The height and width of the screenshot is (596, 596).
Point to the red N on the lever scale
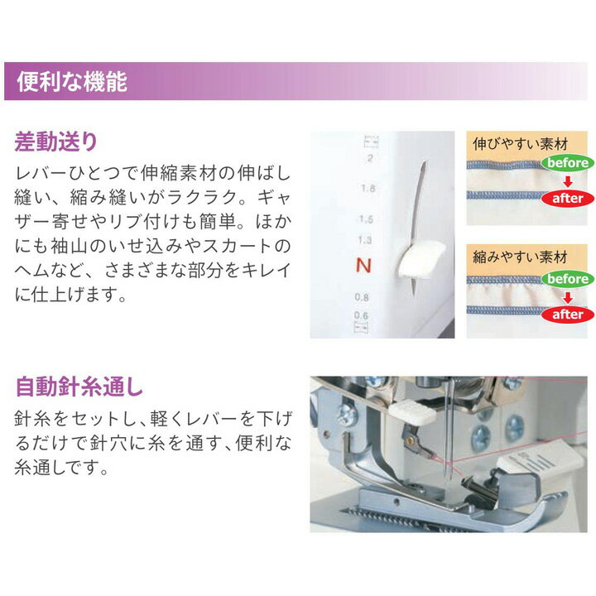[362, 266]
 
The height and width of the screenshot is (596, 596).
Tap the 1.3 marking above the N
[362, 240]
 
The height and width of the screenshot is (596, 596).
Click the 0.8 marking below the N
[362, 297]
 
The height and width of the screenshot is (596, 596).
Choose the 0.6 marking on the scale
[362, 315]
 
